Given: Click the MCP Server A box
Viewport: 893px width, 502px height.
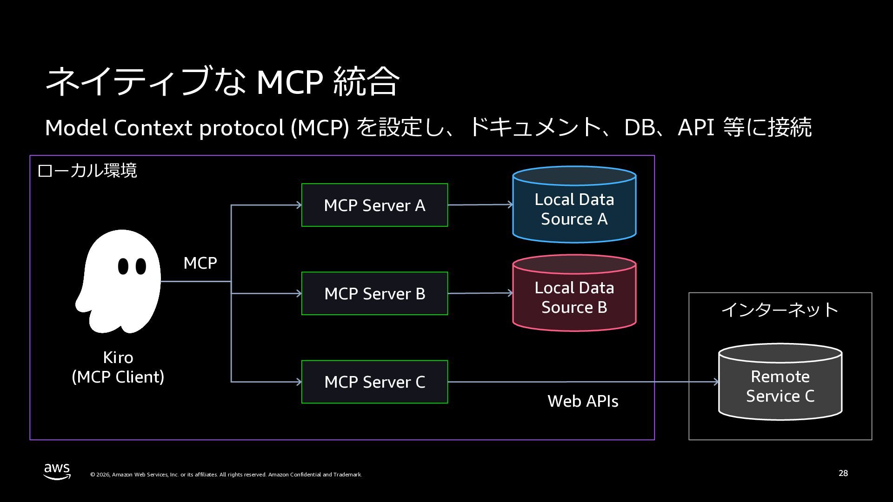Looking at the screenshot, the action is coord(374,205).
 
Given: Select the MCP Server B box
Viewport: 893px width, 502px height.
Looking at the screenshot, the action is coord(374,293).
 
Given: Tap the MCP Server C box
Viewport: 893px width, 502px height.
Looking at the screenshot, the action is coord(374,382).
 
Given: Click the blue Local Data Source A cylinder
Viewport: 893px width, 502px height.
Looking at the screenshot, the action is coord(574,205).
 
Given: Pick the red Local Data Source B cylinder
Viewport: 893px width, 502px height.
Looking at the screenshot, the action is coord(574,293).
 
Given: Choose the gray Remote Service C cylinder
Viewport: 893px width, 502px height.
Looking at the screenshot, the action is coord(780,382).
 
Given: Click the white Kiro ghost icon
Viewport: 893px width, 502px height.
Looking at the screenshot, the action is coord(118,281).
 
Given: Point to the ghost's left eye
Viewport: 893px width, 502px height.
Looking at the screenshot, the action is coord(123,266).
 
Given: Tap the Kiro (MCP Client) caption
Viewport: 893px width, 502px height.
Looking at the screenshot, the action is coord(118,367).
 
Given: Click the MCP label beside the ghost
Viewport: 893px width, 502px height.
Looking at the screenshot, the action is coord(200,263).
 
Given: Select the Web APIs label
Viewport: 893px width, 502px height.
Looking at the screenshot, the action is coord(583,401).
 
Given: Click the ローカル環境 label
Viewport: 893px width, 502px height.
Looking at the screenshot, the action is coord(87,171).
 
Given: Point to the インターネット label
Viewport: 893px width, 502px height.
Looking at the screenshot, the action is coord(780,310).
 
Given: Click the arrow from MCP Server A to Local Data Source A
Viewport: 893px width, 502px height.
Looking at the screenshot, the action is coord(480,205).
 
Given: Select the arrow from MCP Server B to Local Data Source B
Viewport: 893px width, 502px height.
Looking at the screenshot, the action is coord(480,293).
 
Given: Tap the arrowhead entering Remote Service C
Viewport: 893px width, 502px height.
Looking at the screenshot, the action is coord(716,382).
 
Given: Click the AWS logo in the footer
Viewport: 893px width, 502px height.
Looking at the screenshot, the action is coord(57,471).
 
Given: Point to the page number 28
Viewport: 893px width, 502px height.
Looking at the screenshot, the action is coord(843,473).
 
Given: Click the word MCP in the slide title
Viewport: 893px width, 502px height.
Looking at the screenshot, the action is coord(290,82).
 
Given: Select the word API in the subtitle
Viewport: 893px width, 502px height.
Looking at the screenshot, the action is coord(696,127).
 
